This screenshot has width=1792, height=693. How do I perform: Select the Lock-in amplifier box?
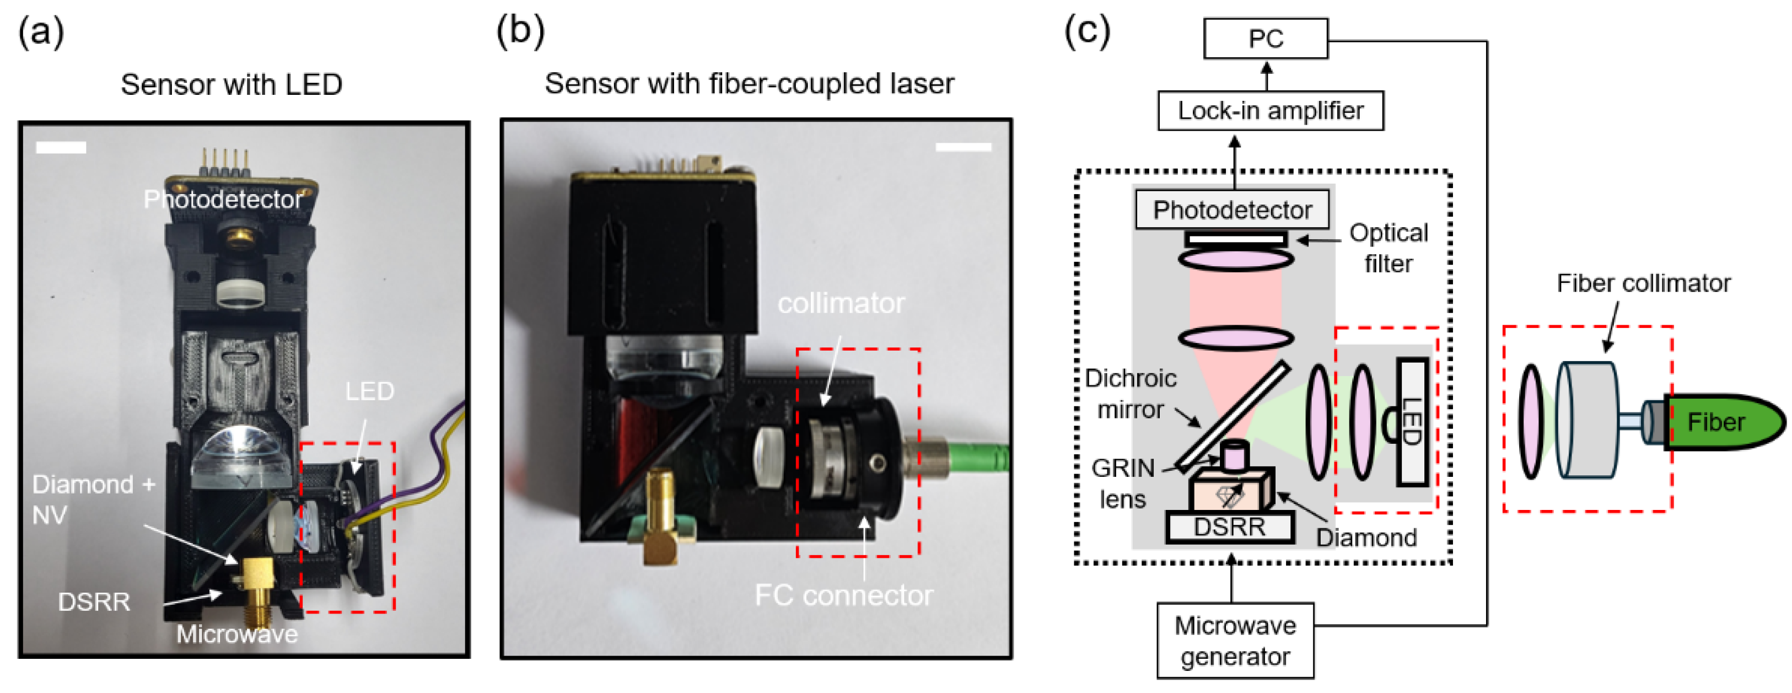coord(1269,111)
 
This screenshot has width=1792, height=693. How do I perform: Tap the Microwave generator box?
coord(1235,640)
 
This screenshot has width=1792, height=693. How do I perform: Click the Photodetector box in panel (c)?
coord(1232,209)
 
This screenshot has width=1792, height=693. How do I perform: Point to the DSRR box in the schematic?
coord(1229,527)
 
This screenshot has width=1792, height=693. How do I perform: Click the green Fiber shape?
coord(1722,422)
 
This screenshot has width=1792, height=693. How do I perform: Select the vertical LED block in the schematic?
coord(1412,422)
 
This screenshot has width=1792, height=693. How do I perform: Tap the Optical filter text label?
coord(1388,248)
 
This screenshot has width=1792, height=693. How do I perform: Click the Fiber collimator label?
coord(1643,283)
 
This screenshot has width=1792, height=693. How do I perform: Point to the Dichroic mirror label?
coord(1131,393)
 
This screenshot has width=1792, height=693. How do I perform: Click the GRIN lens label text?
coord(1122,483)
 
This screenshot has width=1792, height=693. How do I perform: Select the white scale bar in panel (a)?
coord(61,148)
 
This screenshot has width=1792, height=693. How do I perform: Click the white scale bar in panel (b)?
coord(963,147)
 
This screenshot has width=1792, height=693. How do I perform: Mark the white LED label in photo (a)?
coord(369,391)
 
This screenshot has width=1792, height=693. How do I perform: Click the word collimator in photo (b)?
coord(841,303)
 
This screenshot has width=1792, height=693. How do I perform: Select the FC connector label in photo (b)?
coord(843,595)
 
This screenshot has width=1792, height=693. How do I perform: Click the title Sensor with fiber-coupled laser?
coord(749,83)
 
